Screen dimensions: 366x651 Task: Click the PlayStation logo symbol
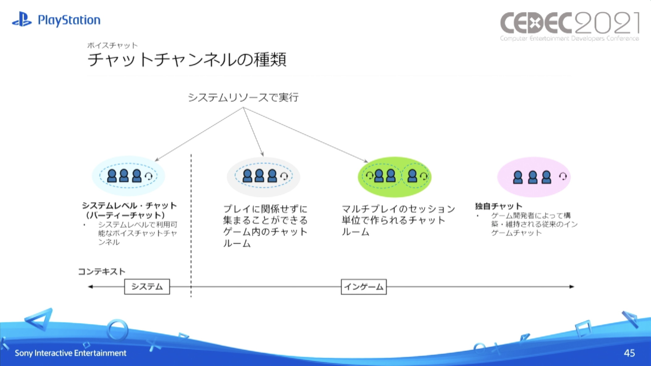(x=22, y=19)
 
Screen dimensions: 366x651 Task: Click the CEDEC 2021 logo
(x=569, y=26)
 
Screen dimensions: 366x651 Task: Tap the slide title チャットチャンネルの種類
(x=187, y=60)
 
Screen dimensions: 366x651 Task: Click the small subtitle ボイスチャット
(x=112, y=45)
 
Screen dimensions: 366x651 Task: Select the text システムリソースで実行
(x=243, y=98)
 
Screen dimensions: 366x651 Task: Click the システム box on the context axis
(x=147, y=287)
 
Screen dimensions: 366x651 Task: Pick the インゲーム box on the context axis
(x=363, y=287)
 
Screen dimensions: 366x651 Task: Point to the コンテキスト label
(x=102, y=272)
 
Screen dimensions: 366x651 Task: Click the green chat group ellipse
(x=394, y=177)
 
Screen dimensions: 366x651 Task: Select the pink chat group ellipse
(x=534, y=177)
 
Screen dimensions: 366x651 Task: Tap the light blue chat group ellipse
(x=128, y=176)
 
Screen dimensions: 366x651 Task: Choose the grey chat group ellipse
(x=263, y=177)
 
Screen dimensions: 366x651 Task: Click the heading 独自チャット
(x=498, y=206)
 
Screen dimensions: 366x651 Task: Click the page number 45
(x=629, y=353)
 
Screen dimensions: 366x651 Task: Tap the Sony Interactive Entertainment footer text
(x=70, y=353)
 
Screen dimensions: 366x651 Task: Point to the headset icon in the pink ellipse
(x=563, y=176)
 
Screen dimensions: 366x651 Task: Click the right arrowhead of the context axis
(x=572, y=287)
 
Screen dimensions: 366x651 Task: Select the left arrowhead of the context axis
(x=90, y=287)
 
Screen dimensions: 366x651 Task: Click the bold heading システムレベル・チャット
(x=129, y=206)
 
